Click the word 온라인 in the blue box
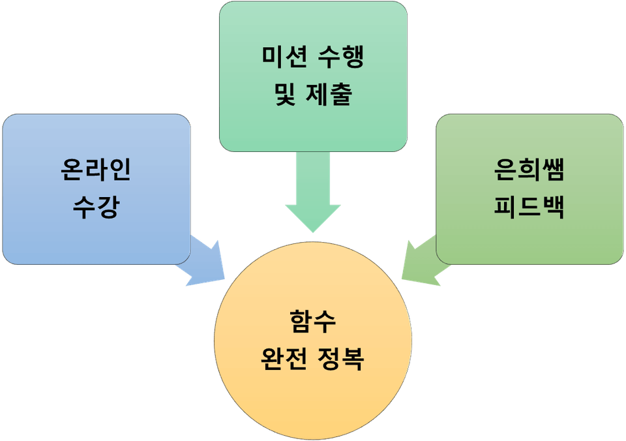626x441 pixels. [97, 170]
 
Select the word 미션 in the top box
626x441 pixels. [280, 59]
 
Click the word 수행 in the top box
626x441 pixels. [339, 59]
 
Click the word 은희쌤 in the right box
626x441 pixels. [529, 170]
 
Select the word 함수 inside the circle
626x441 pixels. [312, 321]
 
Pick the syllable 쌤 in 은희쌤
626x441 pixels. [553, 170]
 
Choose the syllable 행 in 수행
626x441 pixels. [352, 59]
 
